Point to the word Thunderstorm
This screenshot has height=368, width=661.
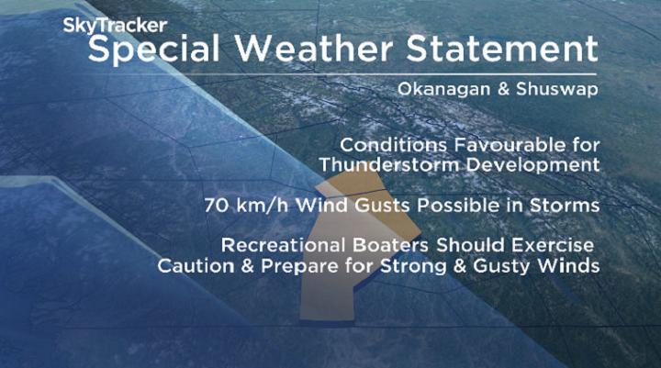click(x=394, y=165)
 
